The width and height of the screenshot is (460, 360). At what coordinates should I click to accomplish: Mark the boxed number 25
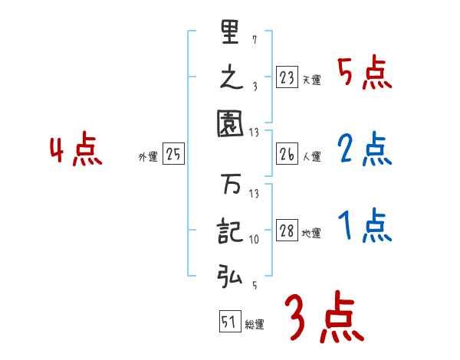(173, 154)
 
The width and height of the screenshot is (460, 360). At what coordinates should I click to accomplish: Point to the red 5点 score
(364, 74)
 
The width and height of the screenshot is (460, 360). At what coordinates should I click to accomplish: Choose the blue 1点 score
(364, 227)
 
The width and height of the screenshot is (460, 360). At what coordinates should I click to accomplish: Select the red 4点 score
(77, 151)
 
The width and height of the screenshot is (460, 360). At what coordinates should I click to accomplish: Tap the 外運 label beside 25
(148, 157)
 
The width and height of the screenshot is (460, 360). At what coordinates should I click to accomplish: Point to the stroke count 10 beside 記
(254, 240)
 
